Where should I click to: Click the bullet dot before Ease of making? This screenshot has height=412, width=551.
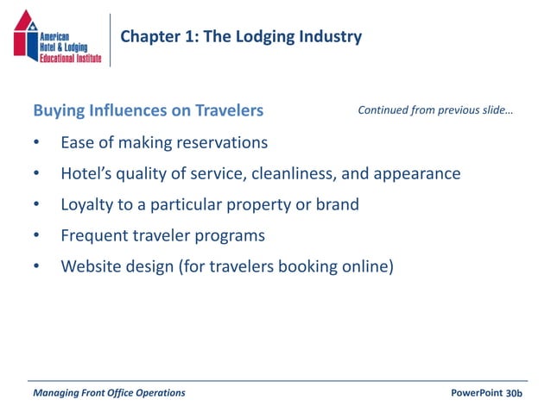(x=36, y=143)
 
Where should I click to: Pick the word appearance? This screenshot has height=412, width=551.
(x=417, y=173)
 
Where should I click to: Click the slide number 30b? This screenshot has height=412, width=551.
(x=515, y=393)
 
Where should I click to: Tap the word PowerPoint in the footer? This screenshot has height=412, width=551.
(x=477, y=393)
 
